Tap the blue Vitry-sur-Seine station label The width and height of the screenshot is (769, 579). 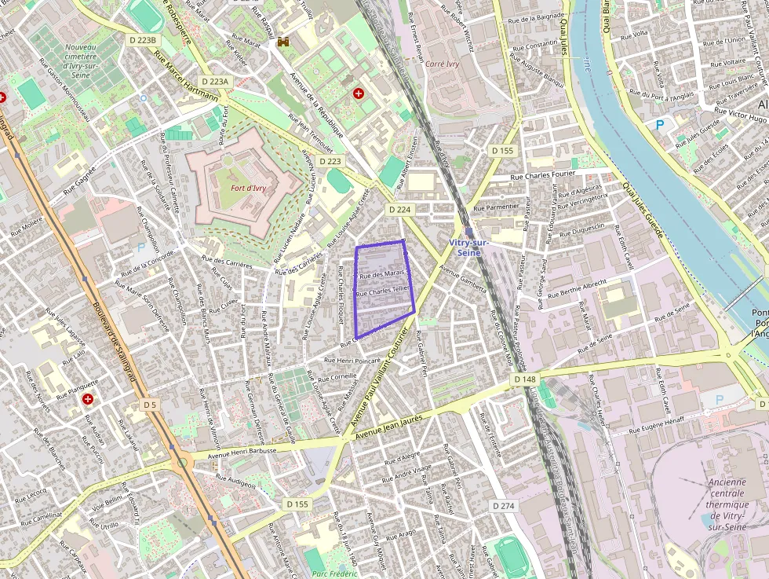tap(469, 247)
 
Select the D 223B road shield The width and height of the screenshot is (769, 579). tap(143, 40)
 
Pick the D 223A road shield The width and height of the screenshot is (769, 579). tap(214, 81)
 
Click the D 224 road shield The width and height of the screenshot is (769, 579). tap(399, 210)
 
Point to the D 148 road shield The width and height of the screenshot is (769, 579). tap(526, 379)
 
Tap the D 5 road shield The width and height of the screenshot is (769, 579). tap(150, 405)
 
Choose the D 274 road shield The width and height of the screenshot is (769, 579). tap(503, 506)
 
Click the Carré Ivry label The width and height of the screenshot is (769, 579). tap(441, 63)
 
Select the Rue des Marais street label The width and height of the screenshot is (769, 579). tap(381, 274)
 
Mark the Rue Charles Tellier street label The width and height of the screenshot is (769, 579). tap(382, 291)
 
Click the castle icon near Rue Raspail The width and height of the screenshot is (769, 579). tap(283, 42)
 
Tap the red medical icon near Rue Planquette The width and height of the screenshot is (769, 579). tap(88, 399)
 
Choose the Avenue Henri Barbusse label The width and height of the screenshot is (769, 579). tap(242, 453)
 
